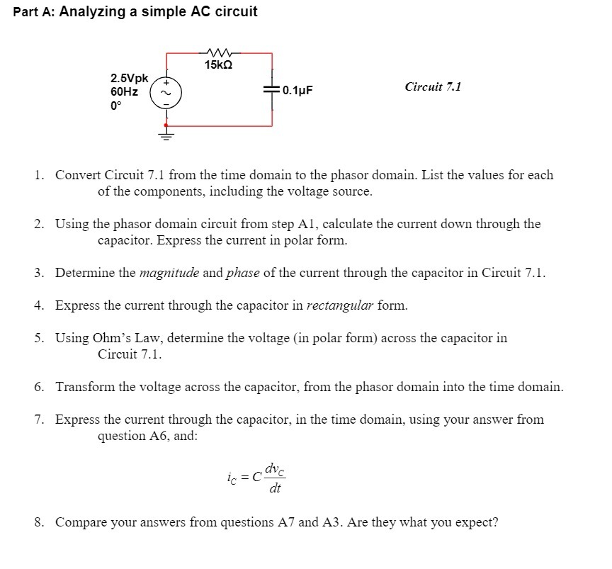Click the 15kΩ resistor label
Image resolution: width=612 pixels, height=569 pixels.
coord(218,66)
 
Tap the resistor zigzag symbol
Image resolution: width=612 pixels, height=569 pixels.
coord(219,52)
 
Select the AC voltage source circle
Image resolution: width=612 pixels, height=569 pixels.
coord(168,91)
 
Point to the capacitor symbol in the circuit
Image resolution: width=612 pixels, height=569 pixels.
coord(272,90)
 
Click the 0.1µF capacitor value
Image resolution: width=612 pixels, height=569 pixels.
coord(297,91)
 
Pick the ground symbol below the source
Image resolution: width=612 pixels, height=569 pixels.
coord(168,132)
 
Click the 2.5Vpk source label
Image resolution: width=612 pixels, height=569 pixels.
coord(129,78)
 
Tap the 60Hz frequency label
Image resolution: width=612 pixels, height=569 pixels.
coord(124,91)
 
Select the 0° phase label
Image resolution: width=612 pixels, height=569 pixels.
coord(115,105)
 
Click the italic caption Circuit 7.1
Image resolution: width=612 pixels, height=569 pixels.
coord(433,86)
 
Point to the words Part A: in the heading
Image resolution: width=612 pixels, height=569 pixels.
coord(34,12)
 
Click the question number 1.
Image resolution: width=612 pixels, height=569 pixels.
coord(39,175)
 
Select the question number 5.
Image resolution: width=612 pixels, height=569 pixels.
coord(39,338)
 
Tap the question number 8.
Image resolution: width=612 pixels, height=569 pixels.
coord(39,523)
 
